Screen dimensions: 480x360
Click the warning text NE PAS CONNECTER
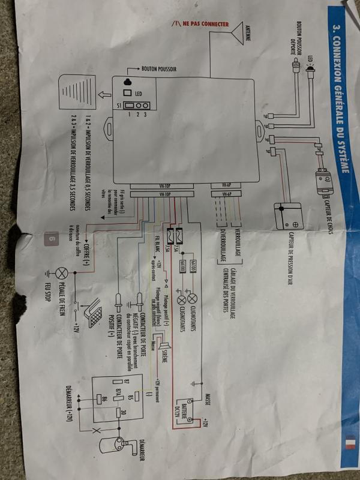[200, 24]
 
